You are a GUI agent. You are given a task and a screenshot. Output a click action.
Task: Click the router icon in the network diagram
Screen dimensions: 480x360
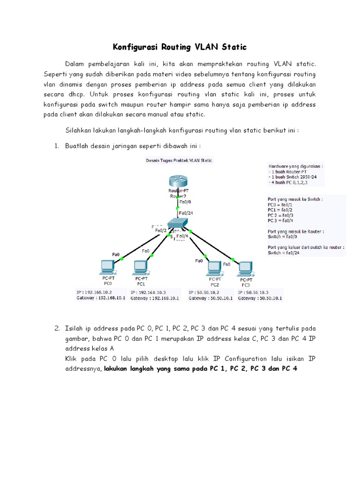178,180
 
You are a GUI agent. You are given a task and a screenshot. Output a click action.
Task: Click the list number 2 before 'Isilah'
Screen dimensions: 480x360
57,329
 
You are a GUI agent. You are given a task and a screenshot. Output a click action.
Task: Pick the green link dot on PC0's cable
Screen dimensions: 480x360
122,258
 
